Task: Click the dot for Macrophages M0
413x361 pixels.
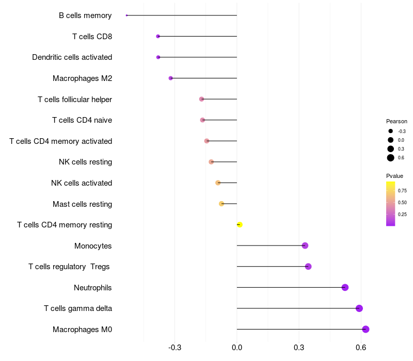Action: tap(366, 329)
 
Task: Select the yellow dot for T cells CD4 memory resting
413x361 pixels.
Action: tap(240, 225)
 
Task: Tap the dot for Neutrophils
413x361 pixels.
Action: tap(345, 287)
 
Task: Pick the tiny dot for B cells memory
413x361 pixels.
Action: tap(126, 15)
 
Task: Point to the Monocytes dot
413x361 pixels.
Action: tap(305, 245)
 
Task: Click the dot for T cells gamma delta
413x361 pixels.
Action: tap(359, 308)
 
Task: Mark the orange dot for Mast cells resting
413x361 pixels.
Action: tap(221, 204)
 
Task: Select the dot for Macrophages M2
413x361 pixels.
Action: tap(171, 78)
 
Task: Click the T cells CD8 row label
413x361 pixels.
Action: tap(92, 37)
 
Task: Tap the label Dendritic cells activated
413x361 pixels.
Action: tap(72, 57)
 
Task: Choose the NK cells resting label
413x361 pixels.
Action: tap(85, 162)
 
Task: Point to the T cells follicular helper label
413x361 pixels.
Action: tap(75, 100)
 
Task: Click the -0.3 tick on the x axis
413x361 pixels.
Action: tap(174, 348)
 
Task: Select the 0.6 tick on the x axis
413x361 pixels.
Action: tap(361, 348)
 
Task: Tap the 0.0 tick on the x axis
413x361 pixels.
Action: tap(237, 348)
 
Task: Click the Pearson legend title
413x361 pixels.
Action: tap(396, 121)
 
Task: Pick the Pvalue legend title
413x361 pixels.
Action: tap(394, 176)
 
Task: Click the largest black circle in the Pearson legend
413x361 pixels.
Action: tap(391, 158)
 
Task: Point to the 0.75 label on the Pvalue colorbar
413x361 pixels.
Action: tap(402, 190)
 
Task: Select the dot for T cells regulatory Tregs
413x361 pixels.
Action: tap(308, 267)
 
